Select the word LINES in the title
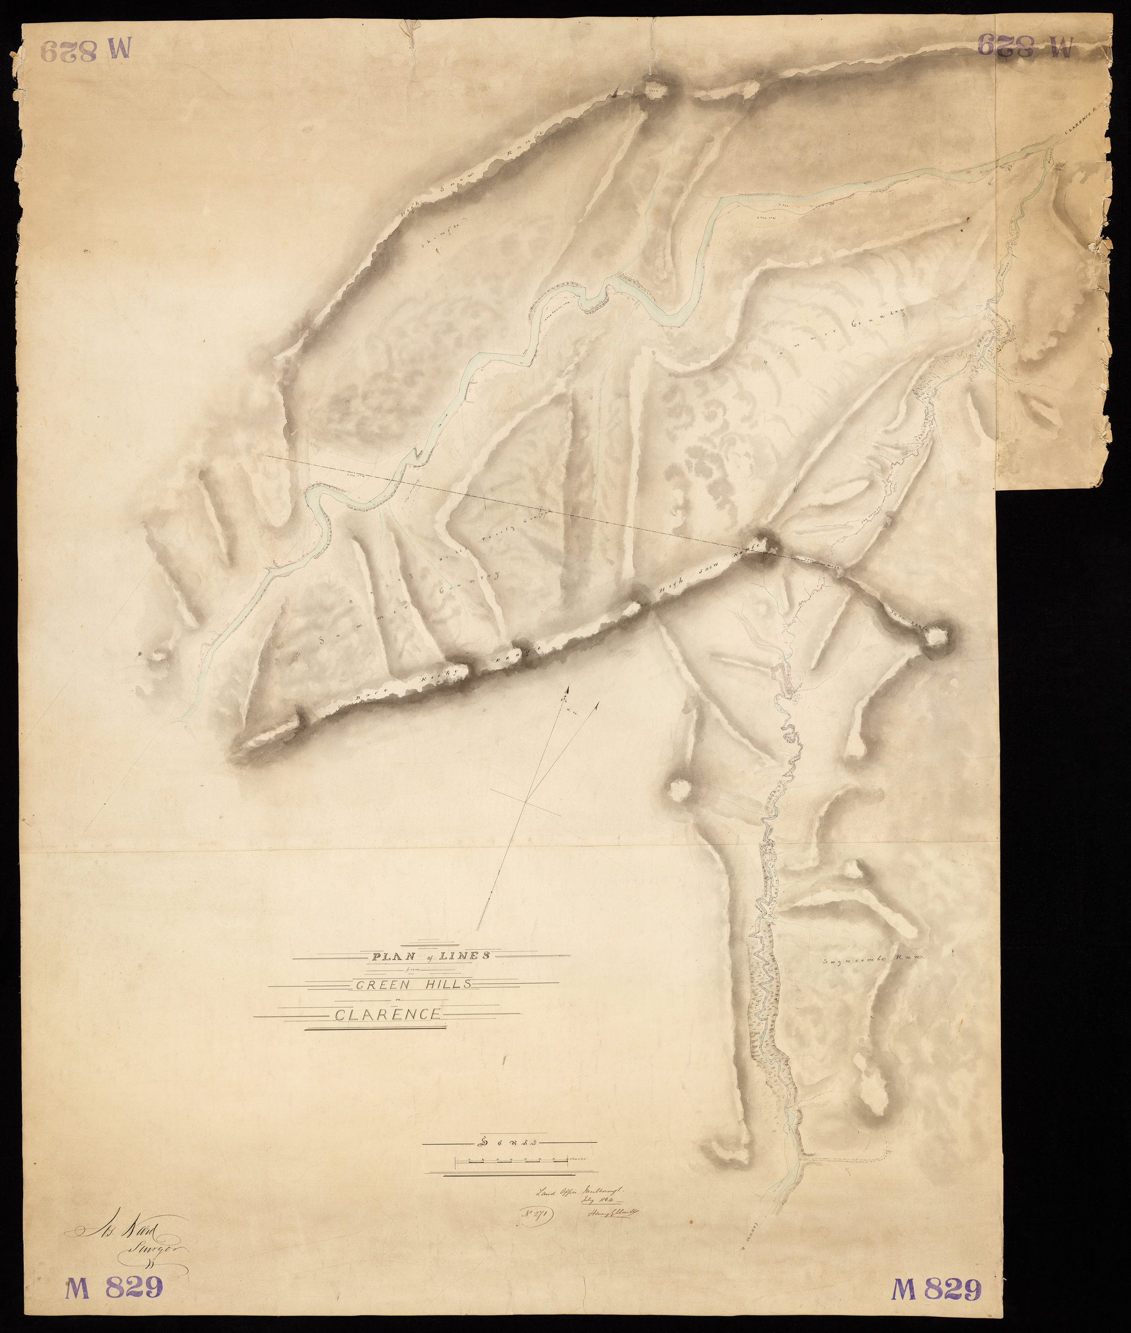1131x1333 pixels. point(468,955)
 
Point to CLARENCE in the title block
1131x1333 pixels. point(387,1015)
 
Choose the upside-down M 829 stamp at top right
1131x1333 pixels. point(1025,45)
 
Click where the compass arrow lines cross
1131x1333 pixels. point(526,801)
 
